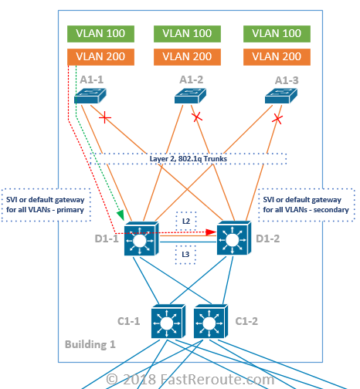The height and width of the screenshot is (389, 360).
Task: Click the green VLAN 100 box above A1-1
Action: tap(101, 34)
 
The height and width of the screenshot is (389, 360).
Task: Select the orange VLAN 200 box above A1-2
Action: tap(189, 56)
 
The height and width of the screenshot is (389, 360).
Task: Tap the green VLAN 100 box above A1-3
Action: tap(277, 34)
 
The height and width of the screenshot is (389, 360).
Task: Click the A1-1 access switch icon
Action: tap(91, 96)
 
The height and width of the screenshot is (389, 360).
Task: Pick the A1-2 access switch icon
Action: tap(190, 96)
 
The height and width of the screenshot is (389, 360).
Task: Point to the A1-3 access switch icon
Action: tap(280, 96)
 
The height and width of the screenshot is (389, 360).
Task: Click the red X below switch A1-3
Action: tap(277, 119)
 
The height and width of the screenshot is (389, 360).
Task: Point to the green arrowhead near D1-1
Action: tap(120, 215)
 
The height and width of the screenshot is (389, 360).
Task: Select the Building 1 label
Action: tap(90, 343)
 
